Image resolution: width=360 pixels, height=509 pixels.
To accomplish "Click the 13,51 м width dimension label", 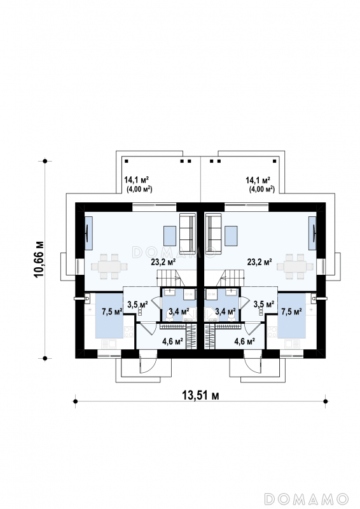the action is [200, 395].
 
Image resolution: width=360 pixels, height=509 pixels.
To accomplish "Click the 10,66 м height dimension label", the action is [38, 259].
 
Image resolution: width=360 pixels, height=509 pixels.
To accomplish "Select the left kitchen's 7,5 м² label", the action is [112, 312].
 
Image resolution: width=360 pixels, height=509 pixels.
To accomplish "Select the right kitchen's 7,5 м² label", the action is [291, 312].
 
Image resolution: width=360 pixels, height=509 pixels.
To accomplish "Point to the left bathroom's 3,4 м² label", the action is [179, 312].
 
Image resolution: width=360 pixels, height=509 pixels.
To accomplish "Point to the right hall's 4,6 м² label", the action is [244, 341].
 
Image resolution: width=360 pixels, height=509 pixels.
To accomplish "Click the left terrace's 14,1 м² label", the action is [136, 179].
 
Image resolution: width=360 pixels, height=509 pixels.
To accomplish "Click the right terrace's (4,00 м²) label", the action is [261, 189].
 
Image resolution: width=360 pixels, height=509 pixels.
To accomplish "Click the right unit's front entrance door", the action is [253, 361].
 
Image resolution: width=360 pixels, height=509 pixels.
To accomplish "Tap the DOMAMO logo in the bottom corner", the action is [307, 499].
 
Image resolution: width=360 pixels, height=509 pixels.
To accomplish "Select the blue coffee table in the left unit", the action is [170, 236].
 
